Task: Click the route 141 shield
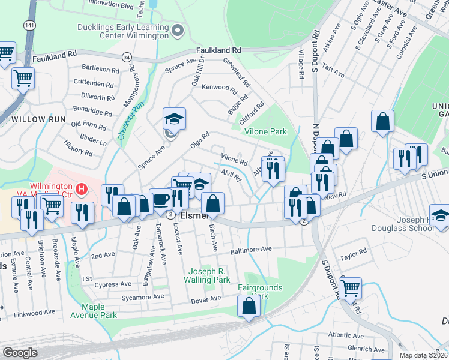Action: pos(29,26)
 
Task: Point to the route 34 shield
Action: pos(126,57)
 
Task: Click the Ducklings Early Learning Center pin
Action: pos(178,29)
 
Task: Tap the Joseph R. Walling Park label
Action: pos(209,275)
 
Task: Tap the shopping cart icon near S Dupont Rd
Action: pos(351,287)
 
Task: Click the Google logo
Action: pos(20,353)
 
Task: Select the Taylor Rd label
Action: pos(353,256)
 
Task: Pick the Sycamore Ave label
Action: pos(142,297)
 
